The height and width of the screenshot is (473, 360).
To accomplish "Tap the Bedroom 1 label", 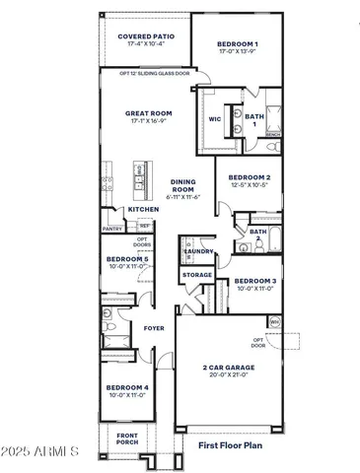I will [238, 44].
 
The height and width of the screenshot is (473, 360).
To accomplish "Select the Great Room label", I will [149, 113].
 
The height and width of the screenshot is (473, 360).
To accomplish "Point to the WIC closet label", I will [215, 119].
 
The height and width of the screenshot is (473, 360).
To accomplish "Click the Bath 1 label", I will [254, 117].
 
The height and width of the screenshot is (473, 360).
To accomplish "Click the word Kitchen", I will [143, 209].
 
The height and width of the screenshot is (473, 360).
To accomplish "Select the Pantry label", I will [111, 229].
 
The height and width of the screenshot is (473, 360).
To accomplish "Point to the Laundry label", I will [199, 251].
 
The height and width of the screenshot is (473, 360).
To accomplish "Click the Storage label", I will [197, 275].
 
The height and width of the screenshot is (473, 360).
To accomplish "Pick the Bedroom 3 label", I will [254, 281].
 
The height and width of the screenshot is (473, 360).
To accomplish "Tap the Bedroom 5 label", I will [127, 258].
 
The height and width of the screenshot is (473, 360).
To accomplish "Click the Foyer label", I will [154, 327].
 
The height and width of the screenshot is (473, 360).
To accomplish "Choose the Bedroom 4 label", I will [127, 388].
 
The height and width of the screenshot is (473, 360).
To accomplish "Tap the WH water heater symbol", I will [275, 321].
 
